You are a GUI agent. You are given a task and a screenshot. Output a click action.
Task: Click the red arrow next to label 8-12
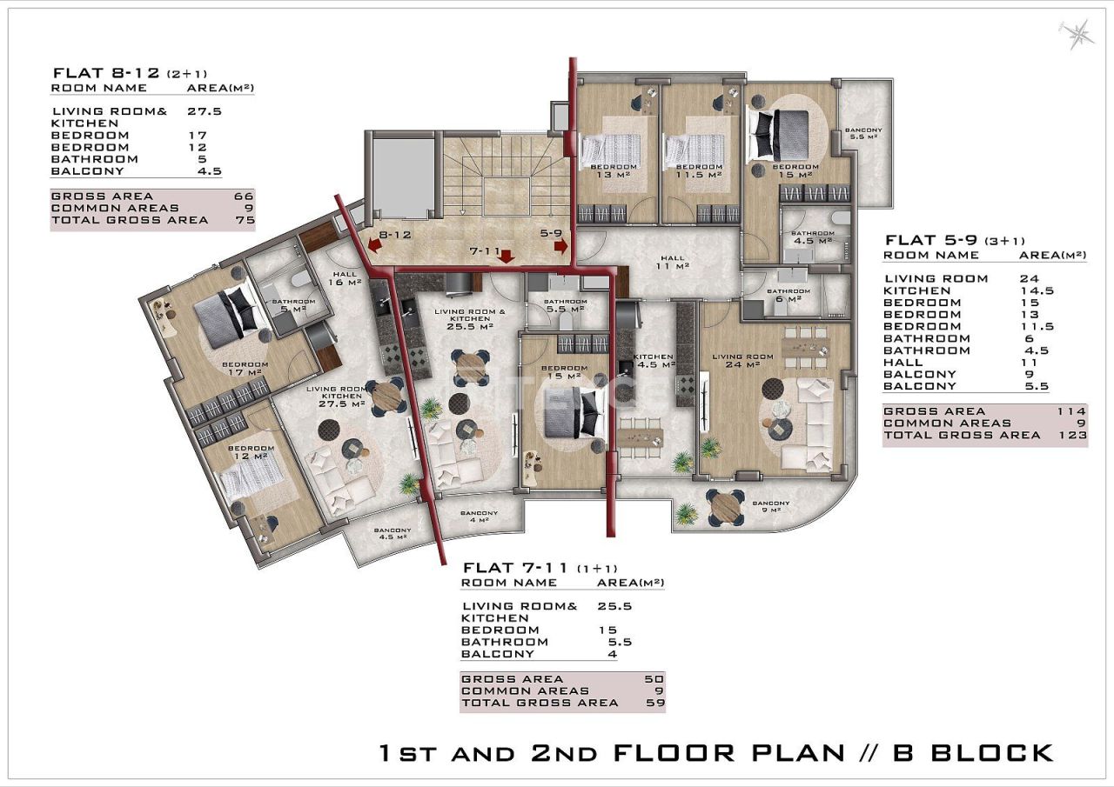pos(373,246)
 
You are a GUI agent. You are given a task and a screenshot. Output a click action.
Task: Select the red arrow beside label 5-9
pos(560,246)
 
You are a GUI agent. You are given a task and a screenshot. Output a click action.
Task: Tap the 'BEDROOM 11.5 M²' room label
pos(699,170)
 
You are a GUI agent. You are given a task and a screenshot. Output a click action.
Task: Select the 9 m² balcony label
pos(770,507)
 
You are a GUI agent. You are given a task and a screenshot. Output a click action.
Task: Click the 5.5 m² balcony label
pos(863,134)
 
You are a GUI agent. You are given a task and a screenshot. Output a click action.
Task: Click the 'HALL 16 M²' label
pos(346,278)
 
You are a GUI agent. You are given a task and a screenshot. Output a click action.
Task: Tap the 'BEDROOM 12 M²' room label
pos(251,453)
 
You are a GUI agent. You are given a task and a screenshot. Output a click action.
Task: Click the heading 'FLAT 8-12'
pos(106,73)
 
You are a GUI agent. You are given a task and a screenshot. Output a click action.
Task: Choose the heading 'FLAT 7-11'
pos(514,567)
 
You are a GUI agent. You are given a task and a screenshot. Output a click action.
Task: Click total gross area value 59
pos(654,703)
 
